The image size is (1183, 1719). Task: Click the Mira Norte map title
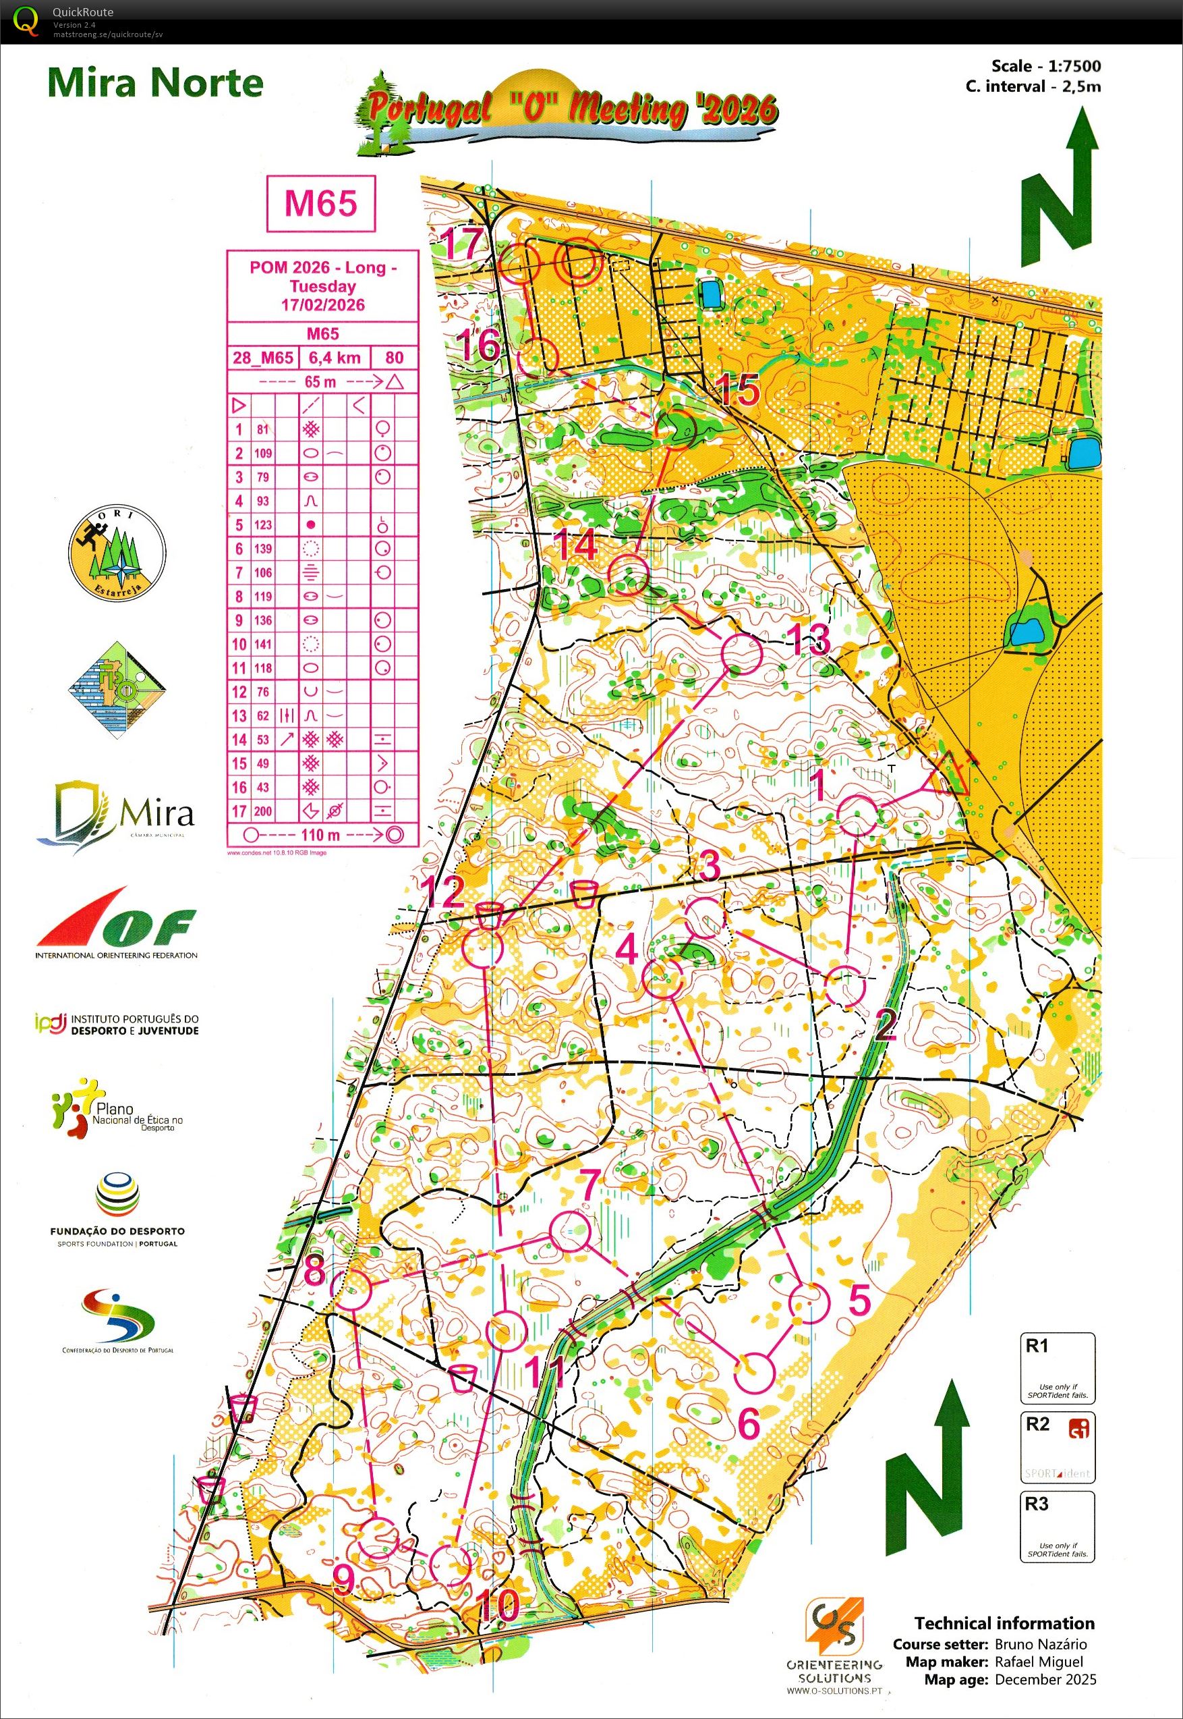155,83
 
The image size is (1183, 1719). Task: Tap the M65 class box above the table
321,203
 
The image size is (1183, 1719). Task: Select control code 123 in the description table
262,525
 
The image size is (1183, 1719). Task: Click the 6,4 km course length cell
335,358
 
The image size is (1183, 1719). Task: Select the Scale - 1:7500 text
1046,66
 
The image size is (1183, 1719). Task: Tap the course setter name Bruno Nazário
1040,1644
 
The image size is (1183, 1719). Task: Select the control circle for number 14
628,575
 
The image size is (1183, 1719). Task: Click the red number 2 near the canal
885,1025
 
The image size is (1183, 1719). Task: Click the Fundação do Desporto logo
117,1209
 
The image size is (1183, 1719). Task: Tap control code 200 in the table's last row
262,811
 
